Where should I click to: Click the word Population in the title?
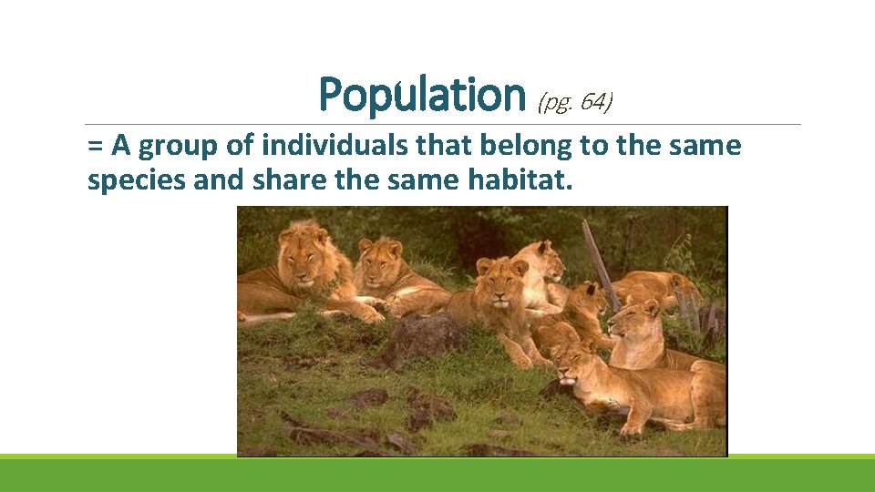(x=422, y=95)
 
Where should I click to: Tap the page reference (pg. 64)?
(x=575, y=103)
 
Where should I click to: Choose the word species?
(x=133, y=180)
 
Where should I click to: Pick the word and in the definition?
(x=213, y=180)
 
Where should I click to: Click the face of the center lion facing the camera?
(x=499, y=281)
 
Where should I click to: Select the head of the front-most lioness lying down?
(x=576, y=364)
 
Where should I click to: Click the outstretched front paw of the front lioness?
(x=656, y=424)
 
